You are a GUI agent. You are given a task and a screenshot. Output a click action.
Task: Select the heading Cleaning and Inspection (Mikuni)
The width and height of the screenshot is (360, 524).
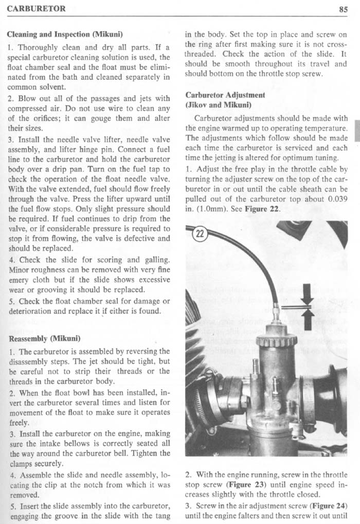click(x=64, y=35)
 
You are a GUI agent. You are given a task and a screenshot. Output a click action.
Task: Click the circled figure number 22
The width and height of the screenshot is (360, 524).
click(x=199, y=234)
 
